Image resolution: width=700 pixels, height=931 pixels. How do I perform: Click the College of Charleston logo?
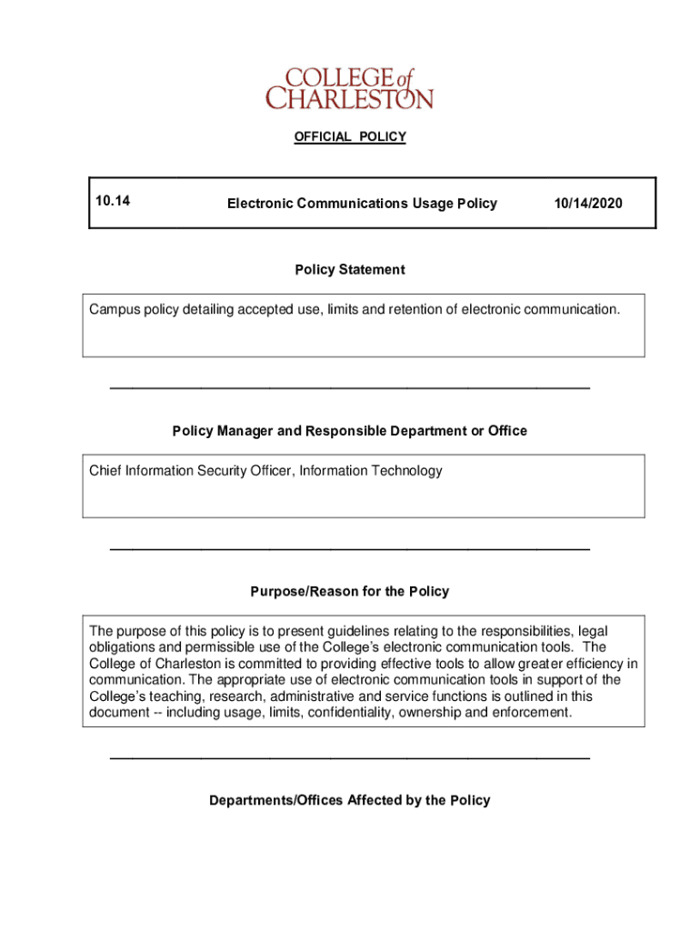(349, 88)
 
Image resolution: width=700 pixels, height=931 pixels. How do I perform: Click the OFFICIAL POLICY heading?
(349, 136)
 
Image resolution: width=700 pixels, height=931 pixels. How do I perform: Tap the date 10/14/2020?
(588, 203)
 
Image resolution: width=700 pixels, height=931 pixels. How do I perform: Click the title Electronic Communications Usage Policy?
(362, 203)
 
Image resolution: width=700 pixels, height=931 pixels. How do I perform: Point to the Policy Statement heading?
(350, 269)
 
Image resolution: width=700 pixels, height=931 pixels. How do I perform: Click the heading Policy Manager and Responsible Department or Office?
(350, 430)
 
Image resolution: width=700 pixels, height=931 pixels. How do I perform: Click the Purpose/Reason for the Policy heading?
(350, 591)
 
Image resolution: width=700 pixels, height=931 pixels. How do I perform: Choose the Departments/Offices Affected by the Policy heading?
(350, 800)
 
